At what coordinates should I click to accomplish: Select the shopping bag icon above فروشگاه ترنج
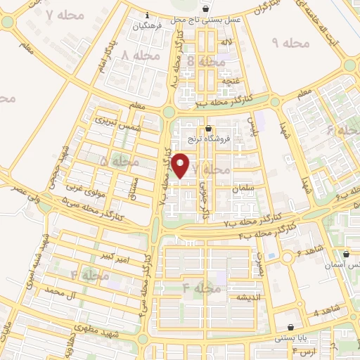(x=209, y=129)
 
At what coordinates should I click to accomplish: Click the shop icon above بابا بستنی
(x=291, y=327)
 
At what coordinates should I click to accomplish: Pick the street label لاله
(x=226, y=44)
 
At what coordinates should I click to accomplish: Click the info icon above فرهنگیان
(x=146, y=15)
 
